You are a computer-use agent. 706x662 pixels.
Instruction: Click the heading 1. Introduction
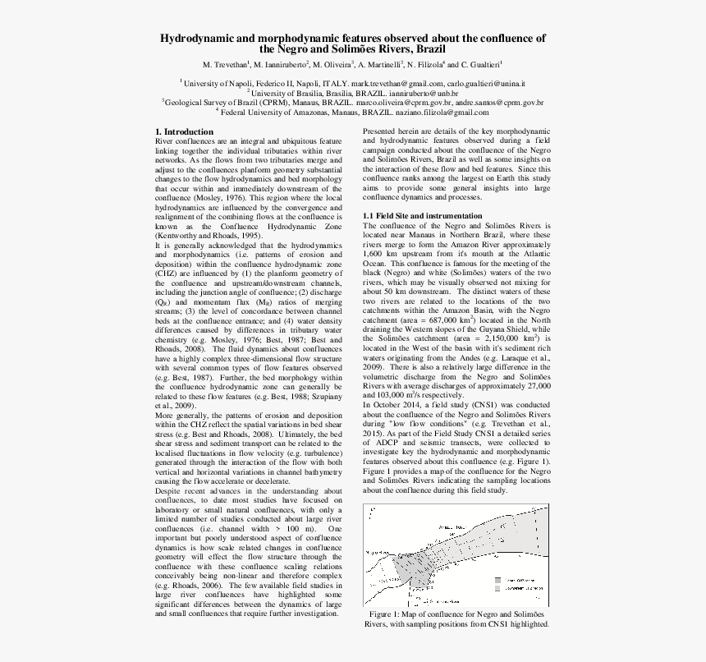coord(185,131)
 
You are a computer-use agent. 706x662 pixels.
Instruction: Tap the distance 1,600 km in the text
coord(380,254)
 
